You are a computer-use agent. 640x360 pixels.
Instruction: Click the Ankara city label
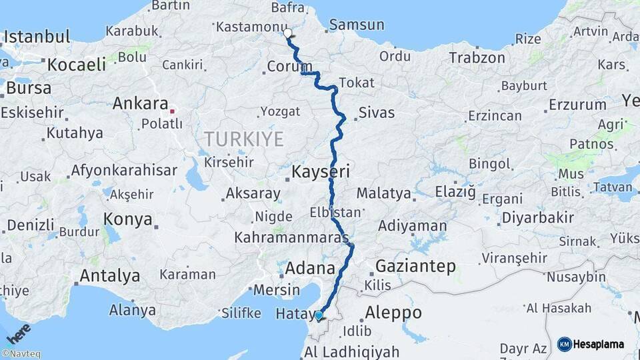140,104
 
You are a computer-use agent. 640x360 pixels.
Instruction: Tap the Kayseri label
321,173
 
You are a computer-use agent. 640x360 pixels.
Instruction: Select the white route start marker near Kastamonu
288,33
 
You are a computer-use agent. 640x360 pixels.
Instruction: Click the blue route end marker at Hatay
319,315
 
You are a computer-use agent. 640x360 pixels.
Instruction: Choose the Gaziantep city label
416,267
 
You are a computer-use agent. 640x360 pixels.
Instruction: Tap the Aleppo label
393,312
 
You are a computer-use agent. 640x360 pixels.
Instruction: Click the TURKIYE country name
244,139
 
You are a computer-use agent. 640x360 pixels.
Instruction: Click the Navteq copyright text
21,354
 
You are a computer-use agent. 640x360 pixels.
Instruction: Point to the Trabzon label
477,58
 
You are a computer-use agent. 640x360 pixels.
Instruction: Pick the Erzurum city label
577,105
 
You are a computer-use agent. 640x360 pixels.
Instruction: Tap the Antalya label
110,275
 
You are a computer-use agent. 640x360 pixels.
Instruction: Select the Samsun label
357,25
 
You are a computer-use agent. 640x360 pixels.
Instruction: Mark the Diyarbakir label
537,218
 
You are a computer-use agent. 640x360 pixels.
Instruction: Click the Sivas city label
377,113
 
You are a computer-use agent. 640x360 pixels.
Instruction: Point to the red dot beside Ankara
173,111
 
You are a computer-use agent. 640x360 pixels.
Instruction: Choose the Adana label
310,268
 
